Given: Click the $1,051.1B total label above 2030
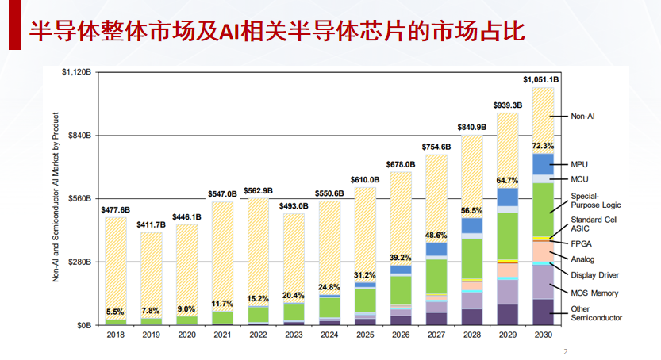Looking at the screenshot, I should pos(541,80).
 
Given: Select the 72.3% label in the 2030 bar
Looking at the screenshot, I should pos(543,146).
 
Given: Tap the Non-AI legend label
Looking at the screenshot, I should pos(582,116).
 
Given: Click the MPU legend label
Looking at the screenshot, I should pos(579,164).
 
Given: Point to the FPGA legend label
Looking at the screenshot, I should pos(581,243).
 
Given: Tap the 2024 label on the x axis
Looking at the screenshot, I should pos(329,335).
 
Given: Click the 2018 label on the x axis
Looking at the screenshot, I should pos(116,335).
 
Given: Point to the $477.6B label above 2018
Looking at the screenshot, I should pos(116,209).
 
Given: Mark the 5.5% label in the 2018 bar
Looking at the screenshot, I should pos(116,312).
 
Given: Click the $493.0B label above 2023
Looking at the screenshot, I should pos(294,206).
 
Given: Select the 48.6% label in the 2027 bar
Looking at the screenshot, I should pos(436,236).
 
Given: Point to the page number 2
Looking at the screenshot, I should pos(565,351).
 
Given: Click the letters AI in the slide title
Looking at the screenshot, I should pos(231,32).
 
